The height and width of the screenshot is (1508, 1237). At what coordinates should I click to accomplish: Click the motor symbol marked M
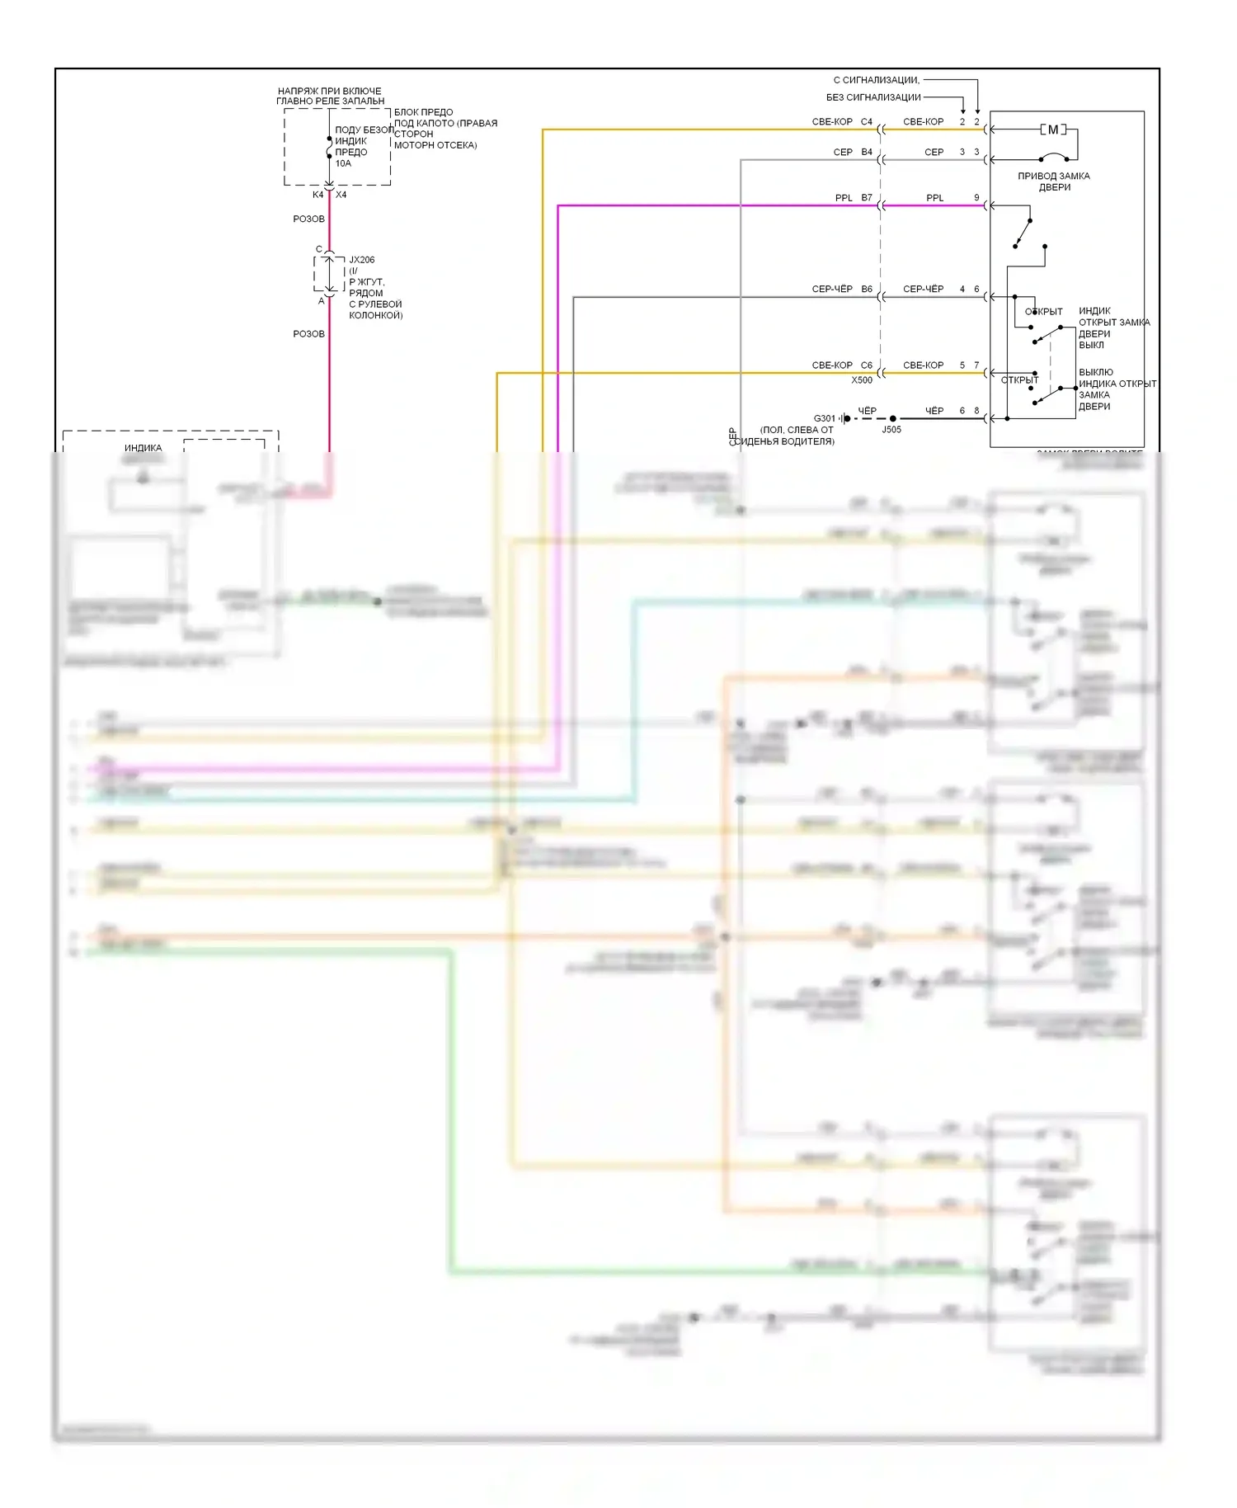1052,130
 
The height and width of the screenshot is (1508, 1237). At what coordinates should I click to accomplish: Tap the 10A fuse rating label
343,163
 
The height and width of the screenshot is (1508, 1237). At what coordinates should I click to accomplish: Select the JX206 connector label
362,260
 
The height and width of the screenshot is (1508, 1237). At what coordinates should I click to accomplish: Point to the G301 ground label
824,418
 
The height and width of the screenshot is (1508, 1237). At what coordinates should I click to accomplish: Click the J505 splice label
891,430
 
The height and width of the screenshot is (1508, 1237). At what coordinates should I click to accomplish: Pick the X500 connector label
862,380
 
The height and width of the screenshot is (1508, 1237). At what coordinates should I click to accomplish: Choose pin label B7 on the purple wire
867,198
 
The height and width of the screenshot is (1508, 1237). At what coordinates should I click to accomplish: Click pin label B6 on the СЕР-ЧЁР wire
867,290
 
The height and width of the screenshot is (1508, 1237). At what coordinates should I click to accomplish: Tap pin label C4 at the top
867,122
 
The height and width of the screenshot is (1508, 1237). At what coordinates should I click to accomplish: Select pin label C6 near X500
867,365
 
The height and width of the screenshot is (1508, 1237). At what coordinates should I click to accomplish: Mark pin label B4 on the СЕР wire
867,153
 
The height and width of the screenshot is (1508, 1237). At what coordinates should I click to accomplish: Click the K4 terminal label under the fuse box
317,195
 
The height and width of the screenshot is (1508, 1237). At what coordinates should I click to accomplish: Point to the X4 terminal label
341,195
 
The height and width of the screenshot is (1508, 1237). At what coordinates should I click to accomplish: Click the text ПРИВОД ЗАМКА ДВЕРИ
1054,181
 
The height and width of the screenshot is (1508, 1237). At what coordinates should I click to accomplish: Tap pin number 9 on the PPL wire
976,198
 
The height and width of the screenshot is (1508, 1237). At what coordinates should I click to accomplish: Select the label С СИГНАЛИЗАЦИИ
876,80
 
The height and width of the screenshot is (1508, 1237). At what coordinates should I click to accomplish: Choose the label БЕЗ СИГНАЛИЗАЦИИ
873,97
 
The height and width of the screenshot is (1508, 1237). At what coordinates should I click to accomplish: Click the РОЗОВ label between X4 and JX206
309,219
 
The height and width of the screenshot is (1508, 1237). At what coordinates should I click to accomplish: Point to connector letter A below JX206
322,301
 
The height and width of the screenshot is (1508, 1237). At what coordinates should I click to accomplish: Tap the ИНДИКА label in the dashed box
143,448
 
